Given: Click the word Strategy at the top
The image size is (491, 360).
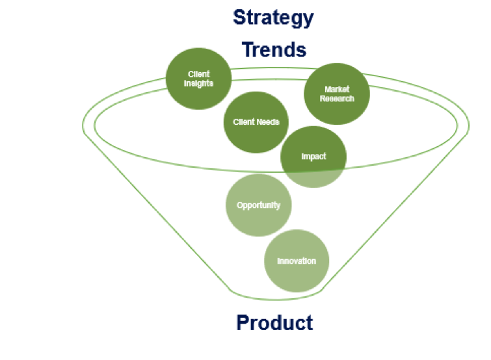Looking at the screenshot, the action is point(273,18).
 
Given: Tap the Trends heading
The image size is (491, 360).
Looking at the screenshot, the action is point(274,50).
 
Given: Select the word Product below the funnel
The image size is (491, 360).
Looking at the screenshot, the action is point(274,322).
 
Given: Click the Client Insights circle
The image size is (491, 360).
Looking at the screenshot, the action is point(198,79).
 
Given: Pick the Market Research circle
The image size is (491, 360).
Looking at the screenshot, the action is point(337,94).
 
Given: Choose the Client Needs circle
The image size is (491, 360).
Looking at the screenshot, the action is point(256,122).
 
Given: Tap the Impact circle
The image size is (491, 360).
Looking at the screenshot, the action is point(313,157).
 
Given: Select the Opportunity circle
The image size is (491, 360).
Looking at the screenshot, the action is point(258,205).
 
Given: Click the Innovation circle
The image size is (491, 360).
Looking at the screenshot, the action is point(297,261).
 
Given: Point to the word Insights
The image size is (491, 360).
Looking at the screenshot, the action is point(198,84).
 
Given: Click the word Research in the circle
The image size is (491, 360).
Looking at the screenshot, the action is point(337,99).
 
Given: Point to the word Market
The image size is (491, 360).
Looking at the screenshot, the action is point(337,90).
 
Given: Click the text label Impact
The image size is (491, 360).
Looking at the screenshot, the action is point(313,157).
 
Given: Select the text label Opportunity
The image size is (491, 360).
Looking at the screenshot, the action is point(258,205).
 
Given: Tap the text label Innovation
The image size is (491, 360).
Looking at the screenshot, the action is point(297,261).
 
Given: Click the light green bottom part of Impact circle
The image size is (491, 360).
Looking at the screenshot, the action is point(313,179).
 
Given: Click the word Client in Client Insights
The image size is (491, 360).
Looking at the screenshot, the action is point(198,74).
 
